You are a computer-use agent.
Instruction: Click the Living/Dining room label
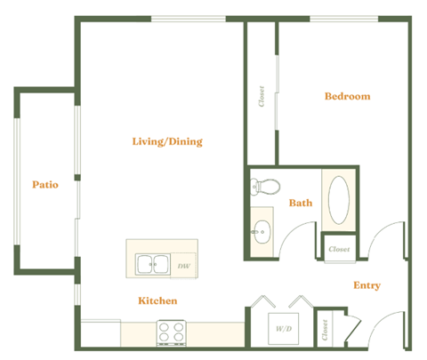click(167, 141)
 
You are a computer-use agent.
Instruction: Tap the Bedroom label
click(346, 96)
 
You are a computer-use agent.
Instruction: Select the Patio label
click(45, 185)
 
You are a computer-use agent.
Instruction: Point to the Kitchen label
click(157, 301)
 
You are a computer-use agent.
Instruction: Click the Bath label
click(300, 203)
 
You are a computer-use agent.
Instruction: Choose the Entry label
click(367, 285)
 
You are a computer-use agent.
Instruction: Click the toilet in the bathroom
click(264, 186)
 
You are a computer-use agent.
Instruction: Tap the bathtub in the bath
click(339, 201)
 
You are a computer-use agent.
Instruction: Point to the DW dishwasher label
click(183, 266)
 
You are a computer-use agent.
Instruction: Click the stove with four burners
click(172, 332)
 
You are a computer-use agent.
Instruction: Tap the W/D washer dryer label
click(284, 329)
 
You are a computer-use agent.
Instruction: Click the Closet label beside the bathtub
click(338, 249)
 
